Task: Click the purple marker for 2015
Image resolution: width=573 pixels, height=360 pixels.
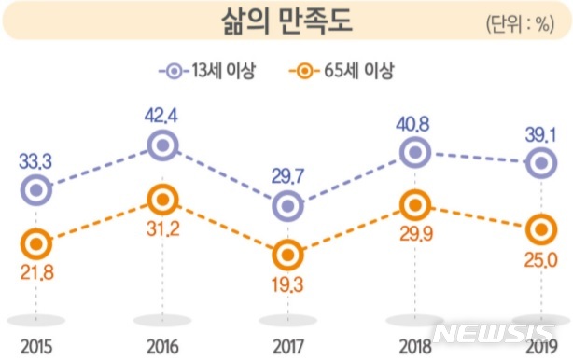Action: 35,190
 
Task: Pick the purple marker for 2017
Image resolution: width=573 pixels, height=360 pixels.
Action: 288,205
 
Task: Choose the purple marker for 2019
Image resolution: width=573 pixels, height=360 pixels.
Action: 540,164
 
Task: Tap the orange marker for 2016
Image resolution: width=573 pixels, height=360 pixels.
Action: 163,199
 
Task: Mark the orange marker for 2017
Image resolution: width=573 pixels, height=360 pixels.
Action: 288,252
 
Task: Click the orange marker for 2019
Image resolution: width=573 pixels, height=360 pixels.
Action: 540,228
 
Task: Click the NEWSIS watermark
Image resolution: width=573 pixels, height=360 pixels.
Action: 499,333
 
